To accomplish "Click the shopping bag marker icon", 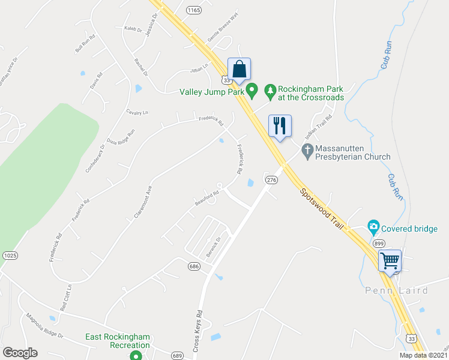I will (x=239, y=70).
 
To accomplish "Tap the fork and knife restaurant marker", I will (x=279, y=126).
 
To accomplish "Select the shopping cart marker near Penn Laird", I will (x=390, y=261).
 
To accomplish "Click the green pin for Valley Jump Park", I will (x=253, y=92).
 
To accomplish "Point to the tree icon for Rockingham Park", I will (x=271, y=92).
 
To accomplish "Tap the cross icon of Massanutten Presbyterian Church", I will (x=307, y=151).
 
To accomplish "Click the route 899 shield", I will (x=378, y=244).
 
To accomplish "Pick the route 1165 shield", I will (x=193, y=10).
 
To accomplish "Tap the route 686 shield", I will (x=193, y=265).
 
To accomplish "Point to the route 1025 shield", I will (x=10, y=256).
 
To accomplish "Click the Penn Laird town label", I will (x=397, y=291).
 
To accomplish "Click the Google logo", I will (x=20, y=353).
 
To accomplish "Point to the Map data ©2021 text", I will (x=423, y=355).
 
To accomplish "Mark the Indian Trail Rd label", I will (x=320, y=127).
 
